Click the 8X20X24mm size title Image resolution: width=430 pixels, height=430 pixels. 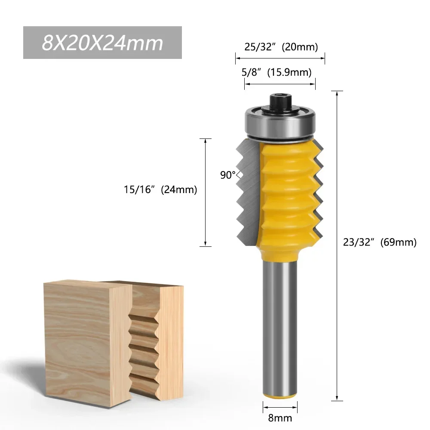[x=102, y=43]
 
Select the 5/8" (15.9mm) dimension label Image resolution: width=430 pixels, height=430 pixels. [x=276, y=72]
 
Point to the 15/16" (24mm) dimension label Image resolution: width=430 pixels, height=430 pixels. [x=160, y=189]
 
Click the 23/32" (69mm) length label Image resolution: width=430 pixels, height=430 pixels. [x=380, y=242]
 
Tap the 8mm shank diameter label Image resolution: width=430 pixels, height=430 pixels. [x=279, y=418]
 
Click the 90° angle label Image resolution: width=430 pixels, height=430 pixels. [x=228, y=175]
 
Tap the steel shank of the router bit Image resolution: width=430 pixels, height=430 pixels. [x=279, y=327]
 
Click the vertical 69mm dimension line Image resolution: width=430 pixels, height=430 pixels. [x=337, y=245]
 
